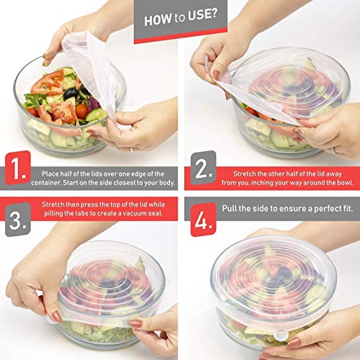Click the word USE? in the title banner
click(x=203, y=15)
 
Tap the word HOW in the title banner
click(x=158, y=19)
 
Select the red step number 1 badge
click(x=18, y=168)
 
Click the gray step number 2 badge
click(x=204, y=168)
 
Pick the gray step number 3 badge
click(x=18, y=220)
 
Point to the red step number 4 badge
click(x=204, y=220)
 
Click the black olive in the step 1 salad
click(x=71, y=94)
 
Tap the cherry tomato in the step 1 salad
click(x=81, y=112)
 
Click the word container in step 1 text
click(x=46, y=183)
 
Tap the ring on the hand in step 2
click(x=333, y=150)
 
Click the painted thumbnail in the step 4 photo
click(x=294, y=343)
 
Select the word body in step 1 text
click(x=167, y=183)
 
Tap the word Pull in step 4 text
click(x=230, y=208)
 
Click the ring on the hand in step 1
click(x=131, y=150)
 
